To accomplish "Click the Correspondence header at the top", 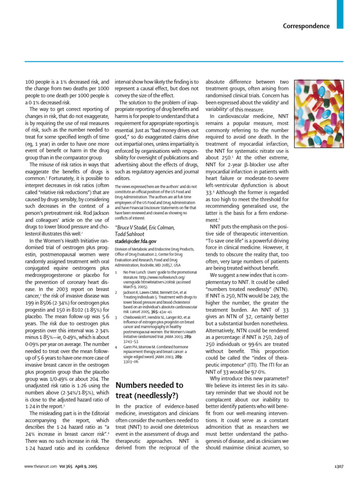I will (x=306, y=26).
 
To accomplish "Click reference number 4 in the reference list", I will (x=116, y=360).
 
